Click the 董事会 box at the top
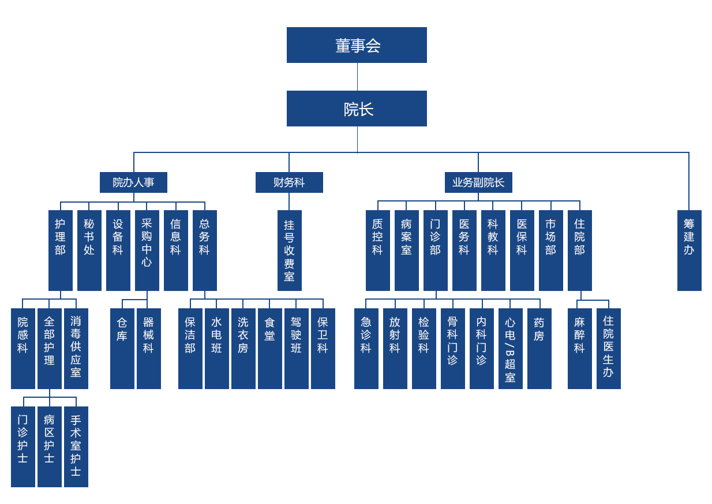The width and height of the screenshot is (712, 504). coord(357,45)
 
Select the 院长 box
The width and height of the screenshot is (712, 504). coord(357,109)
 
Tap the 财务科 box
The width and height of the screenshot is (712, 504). coord(289,182)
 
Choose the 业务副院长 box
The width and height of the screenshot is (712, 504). coord(478,182)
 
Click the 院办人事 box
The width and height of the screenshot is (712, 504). coord(133,182)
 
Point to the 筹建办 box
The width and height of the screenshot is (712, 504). coord(689,250)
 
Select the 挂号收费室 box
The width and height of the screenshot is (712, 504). coord(289,250)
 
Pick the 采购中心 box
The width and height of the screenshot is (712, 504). coord(147,250)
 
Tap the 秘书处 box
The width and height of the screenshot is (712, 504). coord(89,250)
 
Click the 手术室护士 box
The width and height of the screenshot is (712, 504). coord(76,446)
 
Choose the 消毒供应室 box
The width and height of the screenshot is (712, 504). coord(76,348)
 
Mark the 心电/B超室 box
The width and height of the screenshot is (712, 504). coord(510,348)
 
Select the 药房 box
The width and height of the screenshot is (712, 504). coord(539,348)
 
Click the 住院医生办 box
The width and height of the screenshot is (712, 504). coord(608,348)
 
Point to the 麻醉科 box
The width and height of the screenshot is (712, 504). coord(579,348)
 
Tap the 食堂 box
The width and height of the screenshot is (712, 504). coord(269,348)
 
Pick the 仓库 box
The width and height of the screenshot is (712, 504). coord(122,348)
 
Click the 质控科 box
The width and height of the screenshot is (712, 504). coord(377,250)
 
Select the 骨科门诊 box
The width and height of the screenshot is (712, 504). coord(452,348)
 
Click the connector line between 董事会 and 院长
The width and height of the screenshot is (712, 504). coord(357,77)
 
